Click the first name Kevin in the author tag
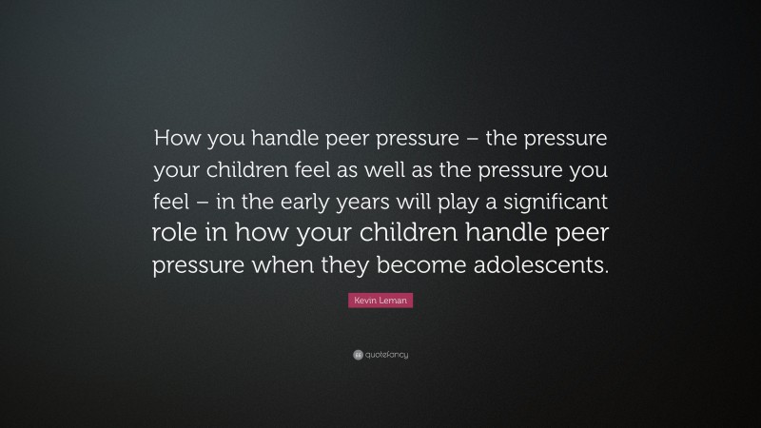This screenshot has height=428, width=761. coord(367,301)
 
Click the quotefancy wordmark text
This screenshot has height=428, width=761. coord(386,355)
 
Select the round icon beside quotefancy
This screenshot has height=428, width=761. coord(357,355)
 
